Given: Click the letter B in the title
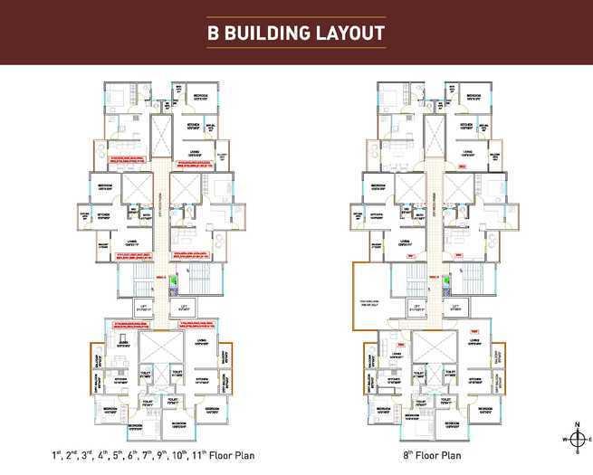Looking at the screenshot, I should (x=214, y=33).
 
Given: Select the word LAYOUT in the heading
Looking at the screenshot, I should (x=351, y=33).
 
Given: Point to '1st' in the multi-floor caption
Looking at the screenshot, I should (x=56, y=455).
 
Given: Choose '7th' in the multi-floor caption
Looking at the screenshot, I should (x=144, y=455).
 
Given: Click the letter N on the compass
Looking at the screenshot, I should (x=575, y=424).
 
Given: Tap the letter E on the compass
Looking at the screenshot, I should (x=589, y=439).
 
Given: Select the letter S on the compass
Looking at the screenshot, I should (x=575, y=453).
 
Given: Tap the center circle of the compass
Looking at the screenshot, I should (x=575, y=439).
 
